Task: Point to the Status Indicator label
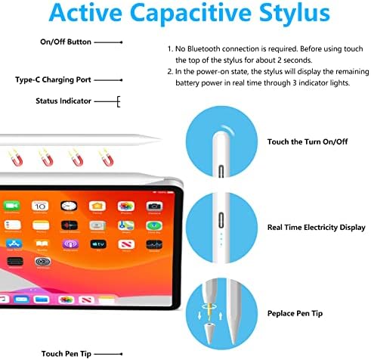click(x=63, y=101)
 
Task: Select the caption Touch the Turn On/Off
click(x=308, y=141)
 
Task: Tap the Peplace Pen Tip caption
click(x=296, y=312)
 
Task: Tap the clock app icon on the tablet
click(x=68, y=206)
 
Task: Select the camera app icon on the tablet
click(x=154, y=206)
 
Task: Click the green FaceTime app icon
click(x=11, y=206)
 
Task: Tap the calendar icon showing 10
click(x=40, y=206)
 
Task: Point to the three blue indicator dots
click(x=220, y=239)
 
